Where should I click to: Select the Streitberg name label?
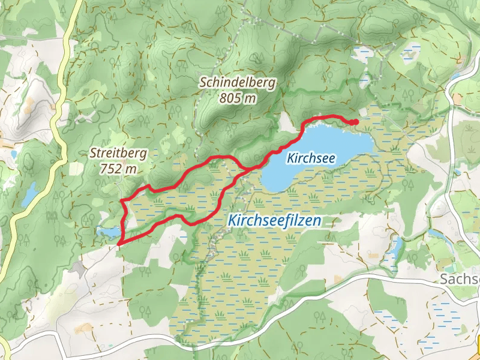(x=118, y=154)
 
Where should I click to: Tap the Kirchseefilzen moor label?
(x=274, y=221)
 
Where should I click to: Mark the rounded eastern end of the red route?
(x=356, y=122)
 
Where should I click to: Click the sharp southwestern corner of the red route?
(x=119, y=243)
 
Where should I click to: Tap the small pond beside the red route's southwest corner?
(x=108, y=232)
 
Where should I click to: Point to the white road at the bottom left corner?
(x=24, y=347)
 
